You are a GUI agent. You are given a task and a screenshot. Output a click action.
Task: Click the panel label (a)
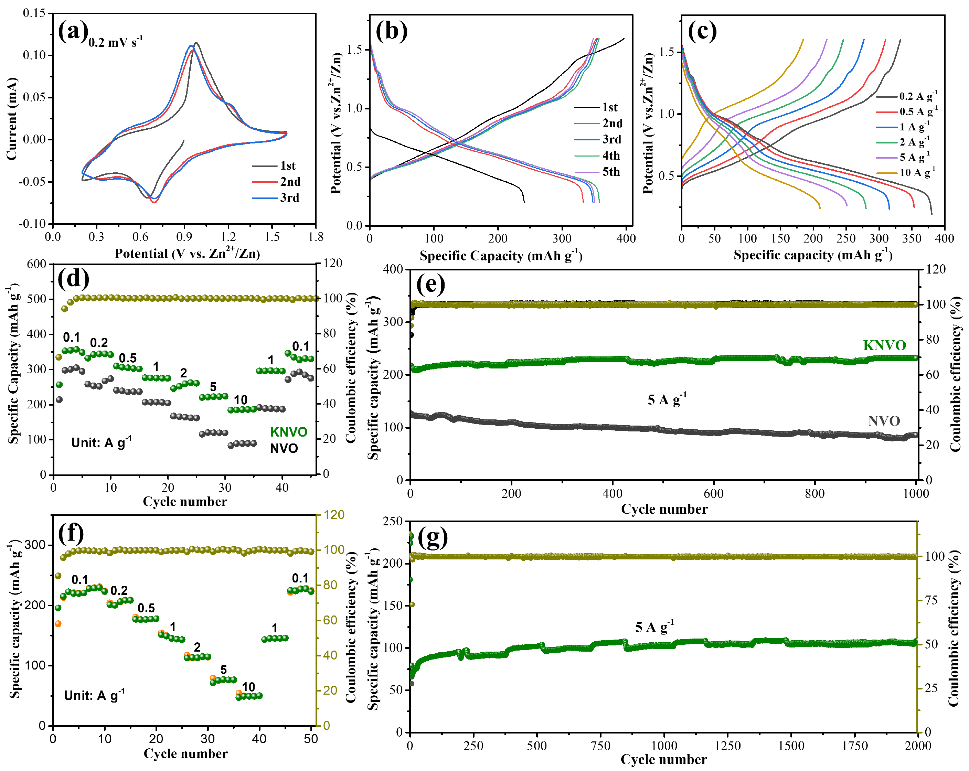(72, 31)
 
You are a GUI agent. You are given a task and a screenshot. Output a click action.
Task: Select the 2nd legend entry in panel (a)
(290, 182)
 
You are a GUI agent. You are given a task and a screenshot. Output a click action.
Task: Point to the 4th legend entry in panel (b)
(611, 156)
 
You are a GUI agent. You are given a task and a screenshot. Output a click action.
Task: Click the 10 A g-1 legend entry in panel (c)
(917, 172)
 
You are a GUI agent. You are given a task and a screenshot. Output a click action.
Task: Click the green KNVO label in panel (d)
(289, 432)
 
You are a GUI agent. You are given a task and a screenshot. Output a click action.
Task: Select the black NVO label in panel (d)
(284, 448)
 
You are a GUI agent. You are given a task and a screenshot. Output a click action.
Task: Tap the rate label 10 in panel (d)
(241, 399)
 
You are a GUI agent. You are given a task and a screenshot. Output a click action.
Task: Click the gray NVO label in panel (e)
(884, 421)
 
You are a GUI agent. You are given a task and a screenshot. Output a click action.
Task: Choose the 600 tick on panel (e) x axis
(713, 494)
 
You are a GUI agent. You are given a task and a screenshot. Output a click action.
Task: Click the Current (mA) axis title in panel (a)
(12, 119)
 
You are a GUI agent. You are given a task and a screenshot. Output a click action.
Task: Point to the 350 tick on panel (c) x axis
(912, 238)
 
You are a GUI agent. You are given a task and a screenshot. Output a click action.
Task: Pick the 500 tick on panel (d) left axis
(37, 299)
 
